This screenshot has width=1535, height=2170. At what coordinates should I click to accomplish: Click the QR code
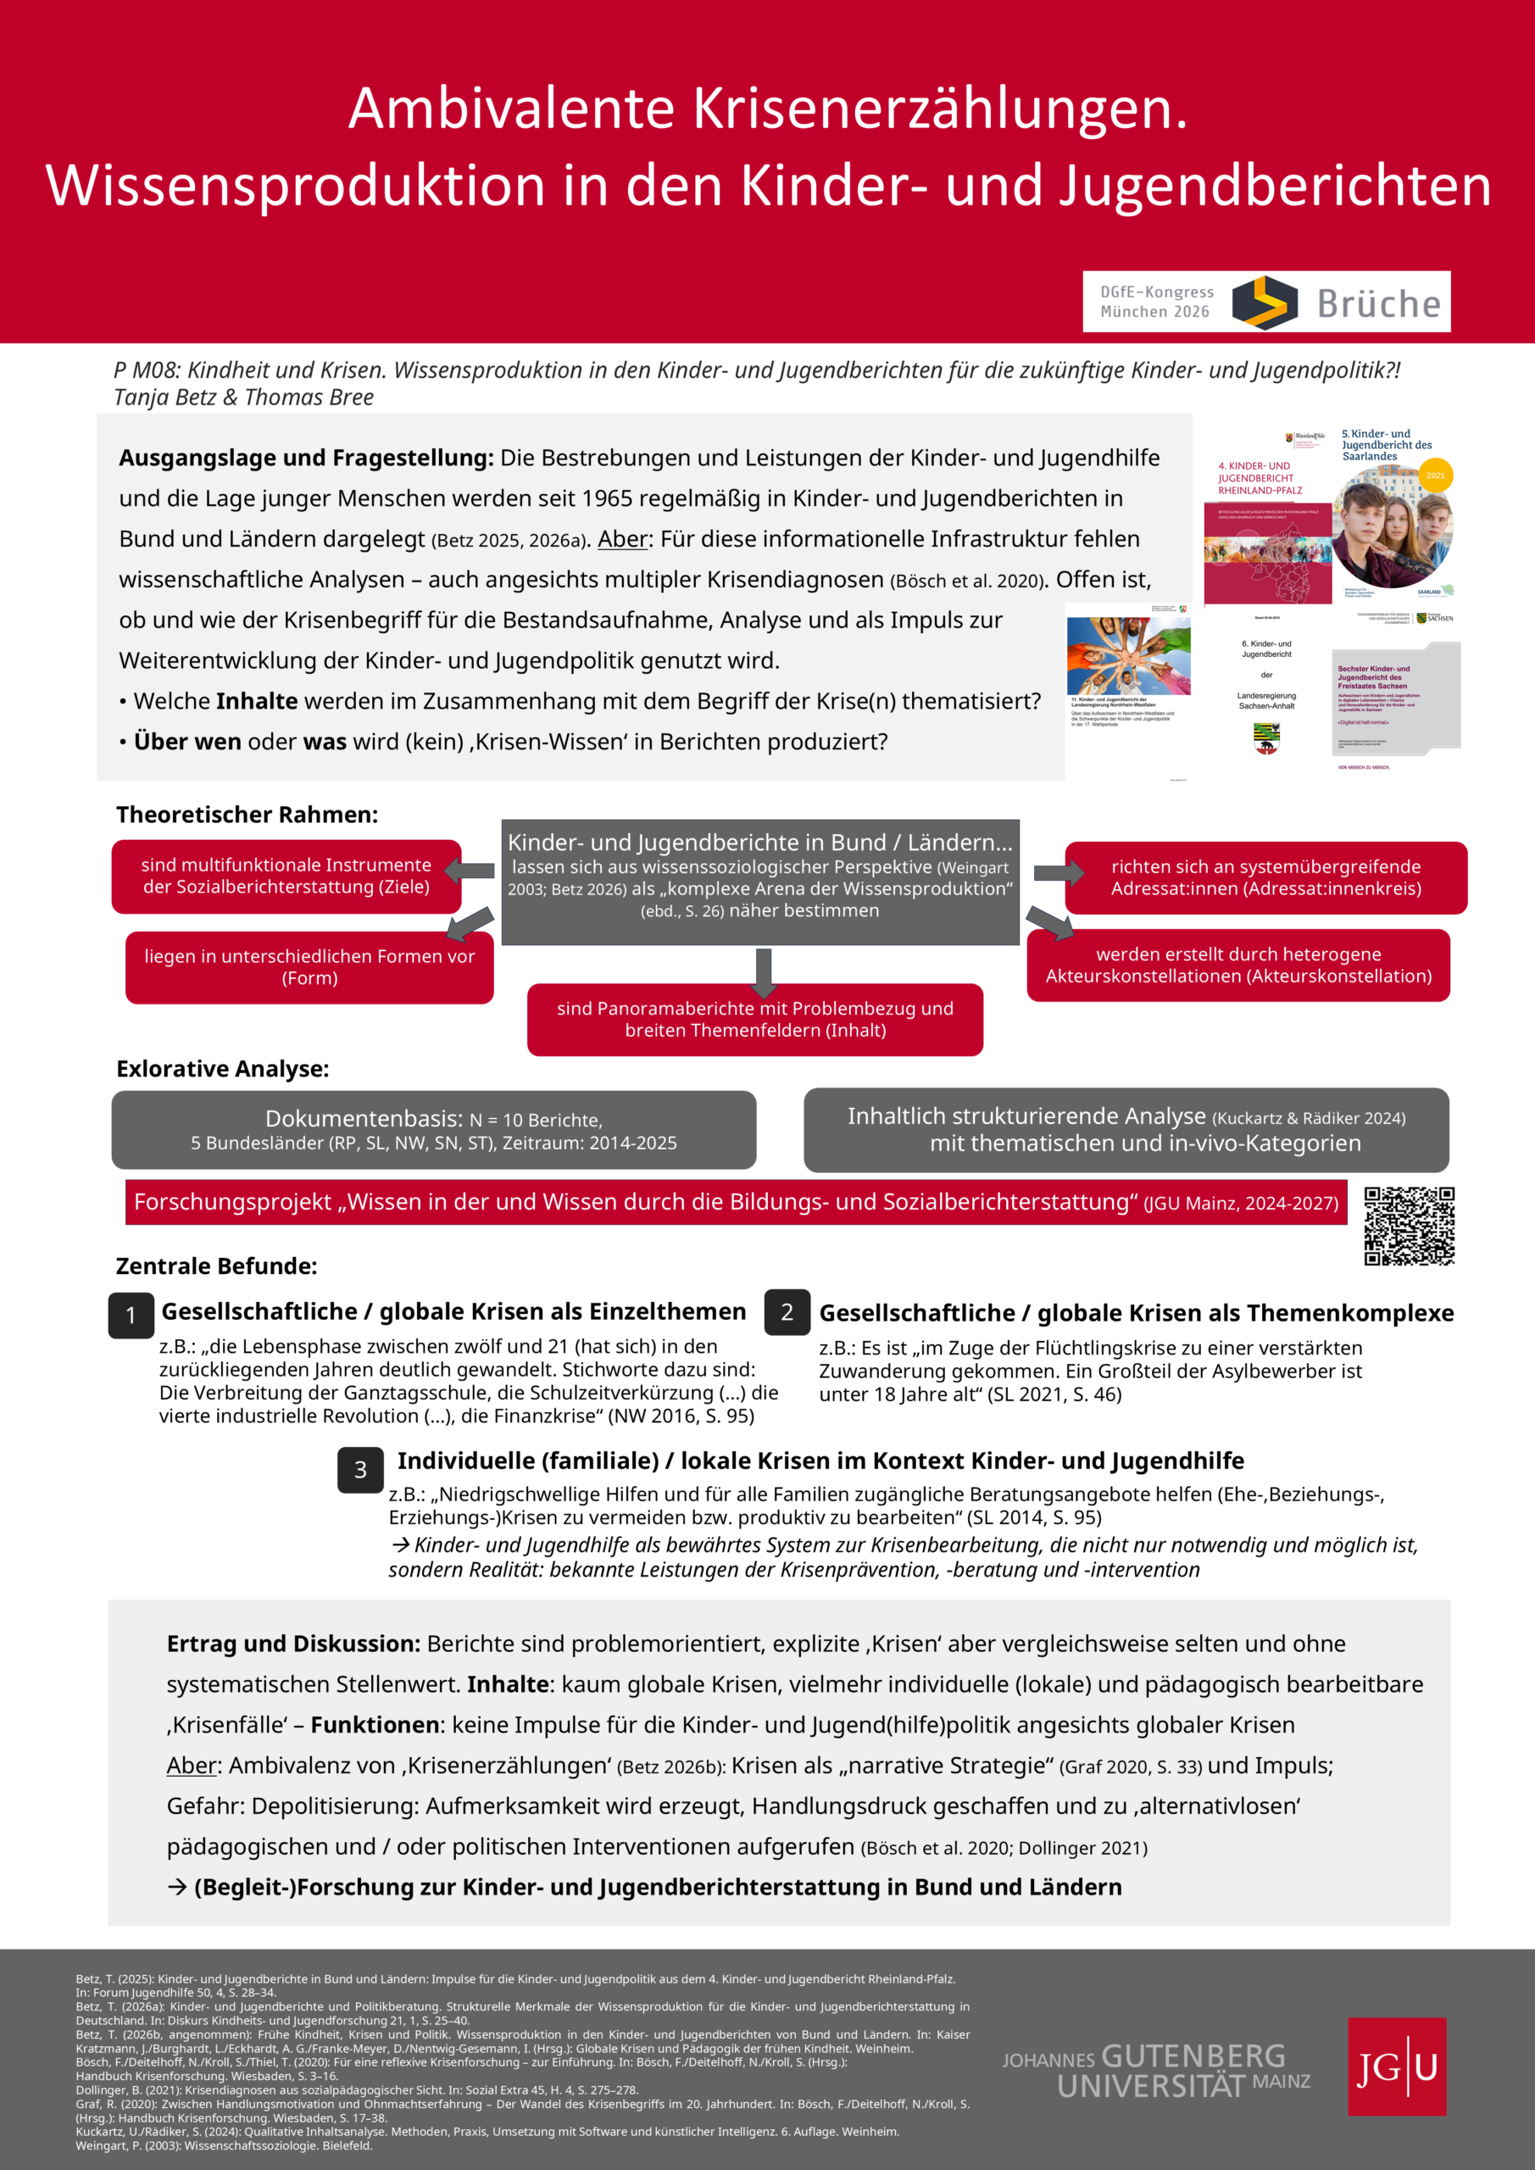click(1409, 1226)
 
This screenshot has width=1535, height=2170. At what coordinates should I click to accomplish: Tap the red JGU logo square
click(1396, 2066)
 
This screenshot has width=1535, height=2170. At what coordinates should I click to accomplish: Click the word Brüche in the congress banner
click(1378, 304)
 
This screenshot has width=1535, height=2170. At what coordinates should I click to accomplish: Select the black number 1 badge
click(131, 1315)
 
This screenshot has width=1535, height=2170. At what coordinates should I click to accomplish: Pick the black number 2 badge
click(787, 1312)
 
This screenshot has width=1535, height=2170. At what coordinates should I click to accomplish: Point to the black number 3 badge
click(360, 1470)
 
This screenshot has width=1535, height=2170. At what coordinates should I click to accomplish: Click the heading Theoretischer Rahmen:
click(247, 815)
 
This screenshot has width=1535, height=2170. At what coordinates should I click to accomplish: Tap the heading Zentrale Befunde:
click(216, 1266)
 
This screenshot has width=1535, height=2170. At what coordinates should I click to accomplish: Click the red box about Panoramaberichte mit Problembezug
click(754, 1020)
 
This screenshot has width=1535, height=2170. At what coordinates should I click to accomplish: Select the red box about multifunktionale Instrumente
click(286, 876)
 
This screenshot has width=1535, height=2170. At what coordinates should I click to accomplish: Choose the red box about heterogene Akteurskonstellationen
click(1237, 965)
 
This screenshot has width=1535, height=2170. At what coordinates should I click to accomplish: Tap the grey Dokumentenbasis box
click(433, 1131)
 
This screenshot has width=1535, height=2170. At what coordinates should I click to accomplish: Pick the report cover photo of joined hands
click(1127, 656)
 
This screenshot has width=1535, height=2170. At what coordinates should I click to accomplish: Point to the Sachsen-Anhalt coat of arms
click(1266, 737)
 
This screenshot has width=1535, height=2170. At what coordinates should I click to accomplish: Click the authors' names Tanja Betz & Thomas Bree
click(244, 397)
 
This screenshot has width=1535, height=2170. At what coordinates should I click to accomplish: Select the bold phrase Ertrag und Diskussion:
click(293, 1644)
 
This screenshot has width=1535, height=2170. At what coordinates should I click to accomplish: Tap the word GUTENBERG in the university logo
click(1193, 2056)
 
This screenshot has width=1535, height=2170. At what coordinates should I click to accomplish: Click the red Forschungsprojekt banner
click(736, 1202)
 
